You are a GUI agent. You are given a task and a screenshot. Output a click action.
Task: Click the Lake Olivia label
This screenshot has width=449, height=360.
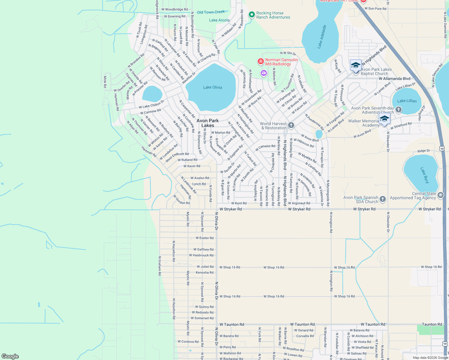point(212,87)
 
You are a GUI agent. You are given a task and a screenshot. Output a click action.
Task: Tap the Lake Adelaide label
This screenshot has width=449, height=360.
point(322,37)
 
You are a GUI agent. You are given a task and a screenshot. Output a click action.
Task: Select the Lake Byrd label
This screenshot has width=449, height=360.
point(425,175)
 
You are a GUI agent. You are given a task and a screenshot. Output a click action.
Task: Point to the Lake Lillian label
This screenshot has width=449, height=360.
point(407,101)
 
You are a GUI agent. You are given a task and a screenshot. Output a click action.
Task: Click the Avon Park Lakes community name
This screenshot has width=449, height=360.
point(208,123)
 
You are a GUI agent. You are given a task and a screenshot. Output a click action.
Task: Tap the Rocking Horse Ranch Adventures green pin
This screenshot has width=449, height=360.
point(252,14)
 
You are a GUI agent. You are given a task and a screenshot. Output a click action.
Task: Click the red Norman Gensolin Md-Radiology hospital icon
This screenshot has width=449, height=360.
point(261,61)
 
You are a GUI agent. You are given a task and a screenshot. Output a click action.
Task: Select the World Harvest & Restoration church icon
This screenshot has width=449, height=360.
point(291,125)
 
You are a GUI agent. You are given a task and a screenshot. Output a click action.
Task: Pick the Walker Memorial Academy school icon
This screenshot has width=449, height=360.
point(384,118)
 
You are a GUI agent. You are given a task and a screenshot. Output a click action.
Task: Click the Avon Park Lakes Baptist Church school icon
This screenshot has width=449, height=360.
point(356,65)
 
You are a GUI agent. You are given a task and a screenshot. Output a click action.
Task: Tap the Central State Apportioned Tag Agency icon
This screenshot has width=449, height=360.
point(440,195)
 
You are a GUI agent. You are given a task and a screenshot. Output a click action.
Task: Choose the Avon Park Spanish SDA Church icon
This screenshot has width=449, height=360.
point(382,199)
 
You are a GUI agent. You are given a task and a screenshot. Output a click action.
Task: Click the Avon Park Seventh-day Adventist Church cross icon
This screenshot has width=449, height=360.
point(399,110)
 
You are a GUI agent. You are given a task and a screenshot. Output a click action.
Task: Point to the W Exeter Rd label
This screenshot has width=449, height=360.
point(204,238)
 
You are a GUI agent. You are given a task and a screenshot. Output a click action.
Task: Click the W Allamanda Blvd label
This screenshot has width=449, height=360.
point(394,79)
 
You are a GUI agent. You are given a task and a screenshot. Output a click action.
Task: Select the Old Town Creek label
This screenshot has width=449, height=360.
point(211,12)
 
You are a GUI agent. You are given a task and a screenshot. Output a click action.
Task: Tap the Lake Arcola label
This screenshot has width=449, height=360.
point(219,20)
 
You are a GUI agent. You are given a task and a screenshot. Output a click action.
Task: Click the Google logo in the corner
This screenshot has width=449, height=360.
point(10,356)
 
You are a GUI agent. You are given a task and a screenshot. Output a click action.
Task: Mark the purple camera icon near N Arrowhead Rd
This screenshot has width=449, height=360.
point(264,73)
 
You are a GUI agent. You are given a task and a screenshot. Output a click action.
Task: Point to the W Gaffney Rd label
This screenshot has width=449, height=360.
point(203,249)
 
